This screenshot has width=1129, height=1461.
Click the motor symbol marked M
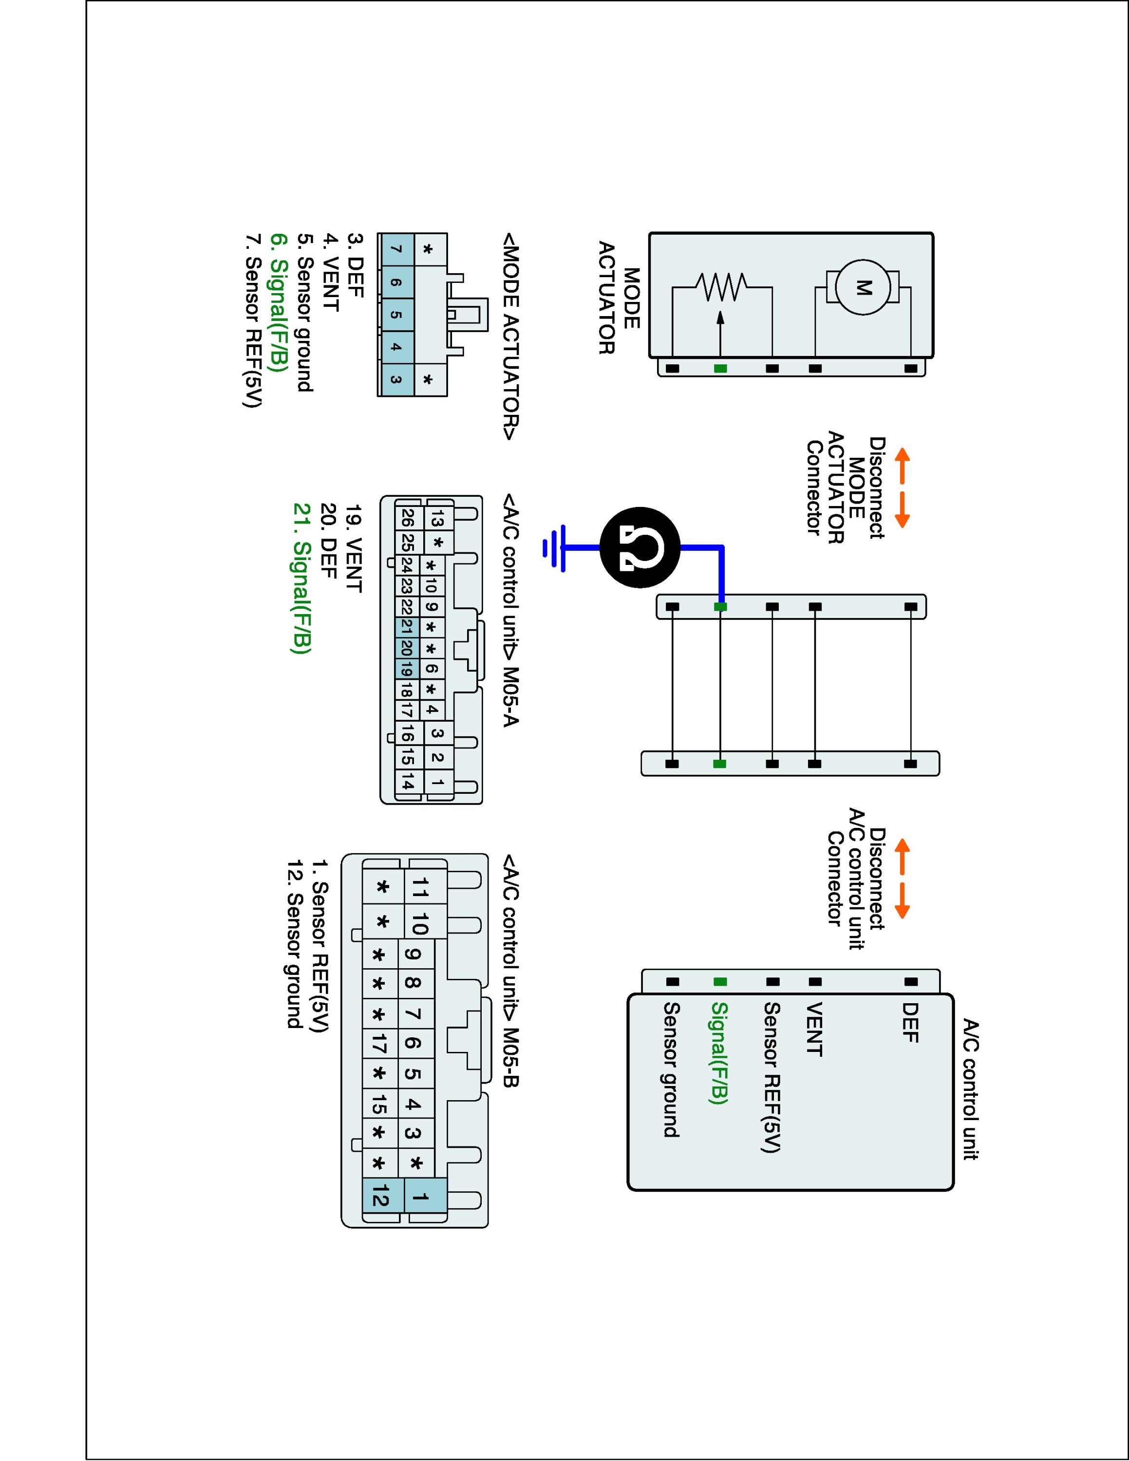pyautogui.click(x=863, y=288)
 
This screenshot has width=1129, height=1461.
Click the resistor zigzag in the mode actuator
pyautogui.click(x=721, y=288)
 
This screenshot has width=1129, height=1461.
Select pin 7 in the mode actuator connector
pyautogui.click(x=396, y=249)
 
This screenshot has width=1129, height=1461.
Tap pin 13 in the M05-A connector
pyautogui.click(x=438, y=519)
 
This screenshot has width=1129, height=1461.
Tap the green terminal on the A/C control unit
pyautogui.click(x=720, y=982)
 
